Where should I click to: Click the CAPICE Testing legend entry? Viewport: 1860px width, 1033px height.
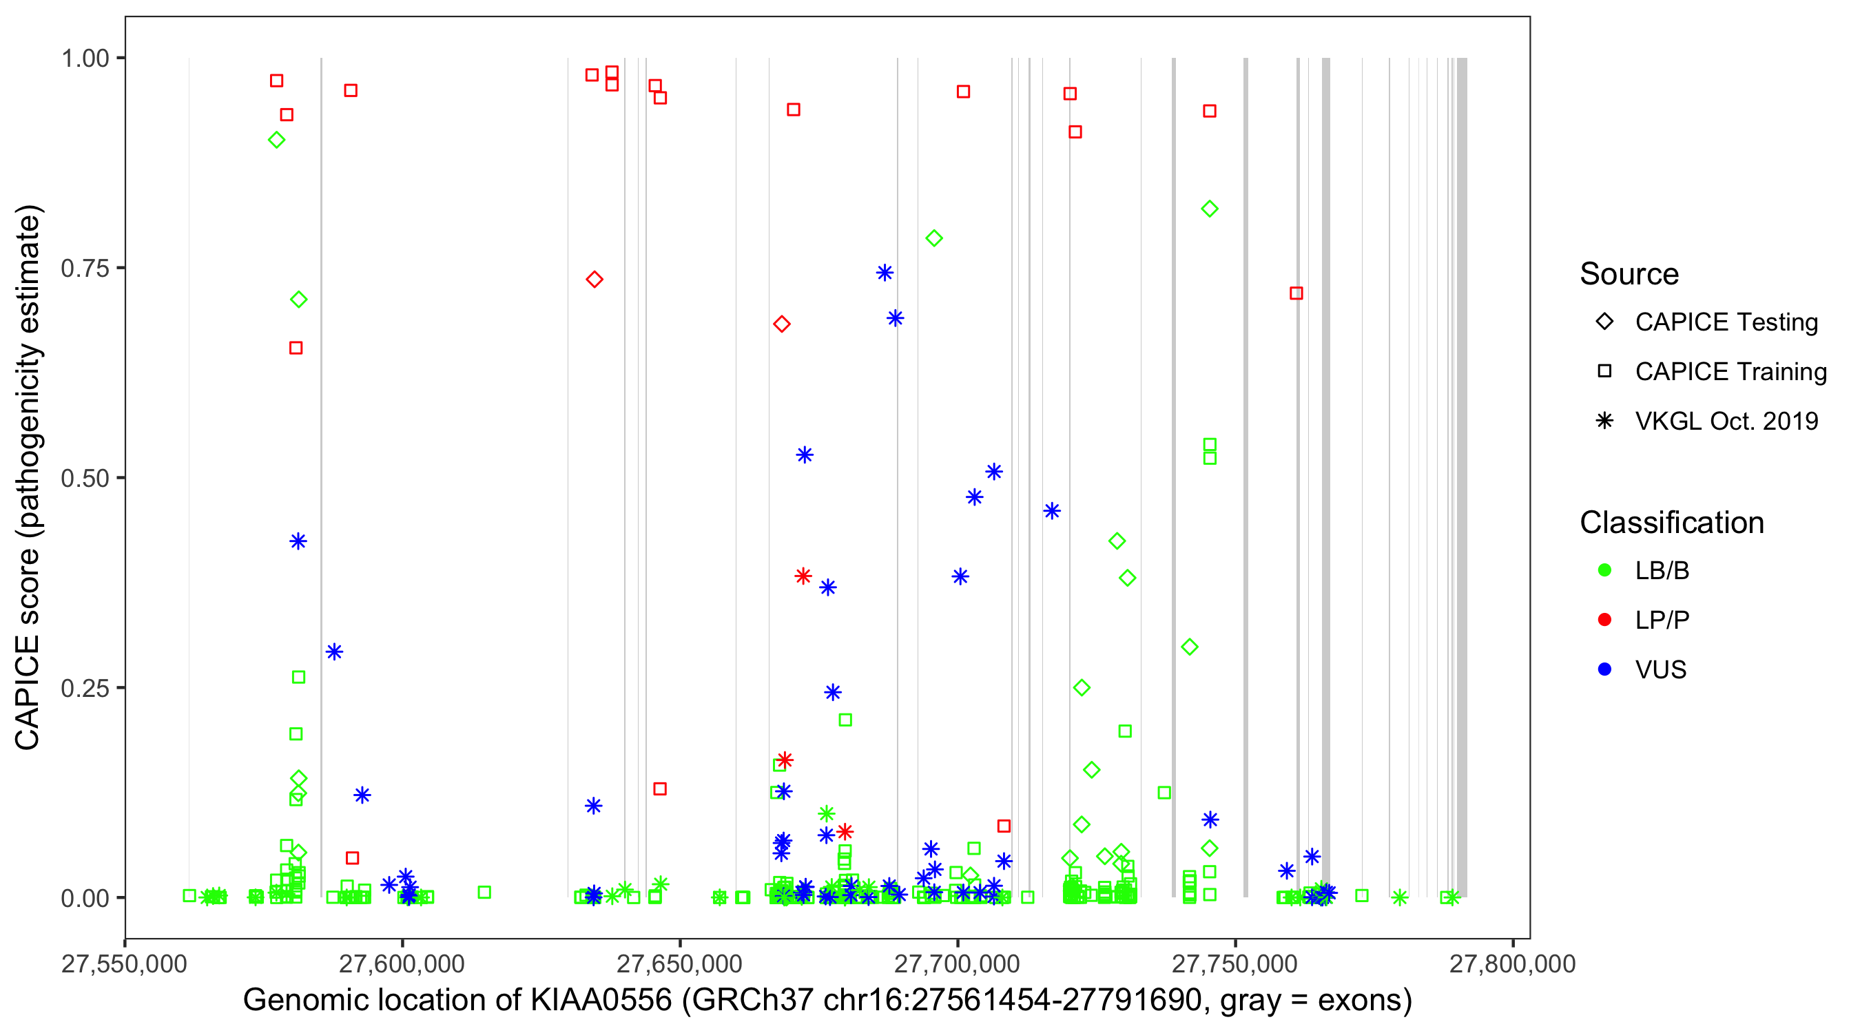[1726, 322]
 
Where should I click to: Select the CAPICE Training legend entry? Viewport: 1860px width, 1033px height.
[1730, 372]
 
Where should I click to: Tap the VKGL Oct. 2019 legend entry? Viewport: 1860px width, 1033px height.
[1726, 421]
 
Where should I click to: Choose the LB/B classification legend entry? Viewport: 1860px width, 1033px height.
[1662, 570]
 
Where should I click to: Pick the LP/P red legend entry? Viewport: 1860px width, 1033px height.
[1662, 620]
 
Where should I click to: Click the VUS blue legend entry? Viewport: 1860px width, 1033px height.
[1660, 670]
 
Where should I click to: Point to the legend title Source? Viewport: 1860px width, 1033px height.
[1629, 274]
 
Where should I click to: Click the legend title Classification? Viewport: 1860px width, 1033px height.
[1671, 523]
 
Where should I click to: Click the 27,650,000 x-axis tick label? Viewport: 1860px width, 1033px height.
[679, 963]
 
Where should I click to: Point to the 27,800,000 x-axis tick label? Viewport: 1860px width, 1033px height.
[1512, 963]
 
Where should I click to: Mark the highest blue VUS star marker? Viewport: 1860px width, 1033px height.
[885, 273]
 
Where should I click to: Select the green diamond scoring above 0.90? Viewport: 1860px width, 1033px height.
[276, 140]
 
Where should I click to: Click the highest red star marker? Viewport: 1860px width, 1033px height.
[803, 576]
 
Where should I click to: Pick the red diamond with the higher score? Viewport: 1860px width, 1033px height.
[595, 280]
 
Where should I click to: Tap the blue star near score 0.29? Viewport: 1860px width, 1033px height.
[333, 652]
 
